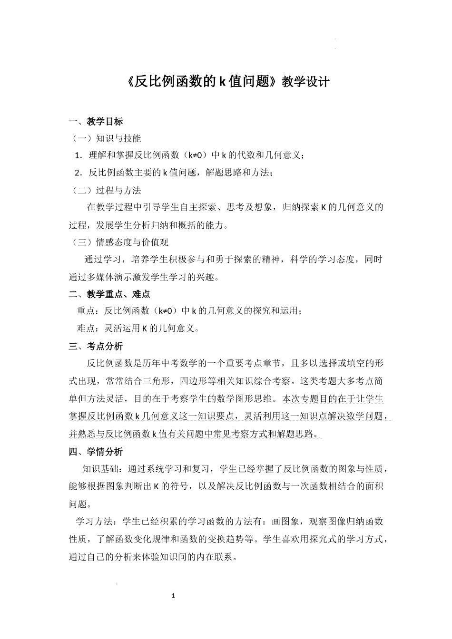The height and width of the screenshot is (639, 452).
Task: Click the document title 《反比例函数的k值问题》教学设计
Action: point(229,81)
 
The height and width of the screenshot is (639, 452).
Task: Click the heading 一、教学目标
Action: point(96,121)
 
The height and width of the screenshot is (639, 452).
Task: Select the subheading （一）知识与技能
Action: point(106,138)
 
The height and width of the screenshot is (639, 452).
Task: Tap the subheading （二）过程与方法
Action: point(106,190)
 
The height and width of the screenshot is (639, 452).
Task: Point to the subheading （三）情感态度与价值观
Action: point(120,242)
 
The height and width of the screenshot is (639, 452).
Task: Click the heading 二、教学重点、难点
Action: point(109,294)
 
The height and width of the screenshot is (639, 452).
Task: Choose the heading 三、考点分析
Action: point(96,346)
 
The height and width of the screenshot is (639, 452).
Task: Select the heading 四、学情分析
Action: point(96,451)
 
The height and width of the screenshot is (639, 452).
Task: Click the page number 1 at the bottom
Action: point(174,595)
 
